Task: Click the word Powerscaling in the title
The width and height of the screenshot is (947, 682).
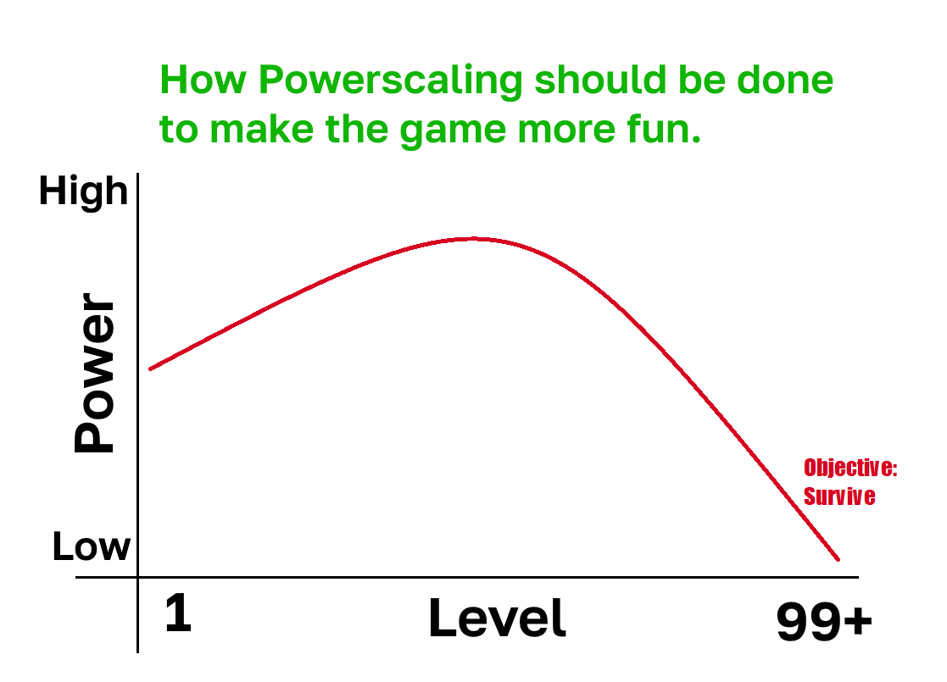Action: point(390,80)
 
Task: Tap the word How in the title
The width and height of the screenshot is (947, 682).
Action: point(203,80)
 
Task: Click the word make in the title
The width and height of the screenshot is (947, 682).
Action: point(261,128)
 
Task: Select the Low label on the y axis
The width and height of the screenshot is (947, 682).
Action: point(92,546)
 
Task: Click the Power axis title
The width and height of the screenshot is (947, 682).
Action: point(93,373)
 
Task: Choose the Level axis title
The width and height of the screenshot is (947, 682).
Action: point(497,618)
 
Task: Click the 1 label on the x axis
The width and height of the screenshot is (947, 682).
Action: point(178,613)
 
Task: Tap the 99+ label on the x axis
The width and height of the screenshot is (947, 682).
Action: point(824,621)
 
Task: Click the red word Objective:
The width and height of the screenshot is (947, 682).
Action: point(850,468)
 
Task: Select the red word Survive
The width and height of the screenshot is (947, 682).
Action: point(839,496)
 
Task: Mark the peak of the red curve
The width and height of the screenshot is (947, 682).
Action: point(474,239)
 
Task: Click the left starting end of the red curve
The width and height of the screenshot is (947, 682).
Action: point(150,369)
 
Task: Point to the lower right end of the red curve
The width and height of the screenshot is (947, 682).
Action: point(838,559)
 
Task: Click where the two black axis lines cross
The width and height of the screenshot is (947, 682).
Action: point(137,578)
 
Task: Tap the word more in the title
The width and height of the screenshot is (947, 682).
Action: point(566,130)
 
